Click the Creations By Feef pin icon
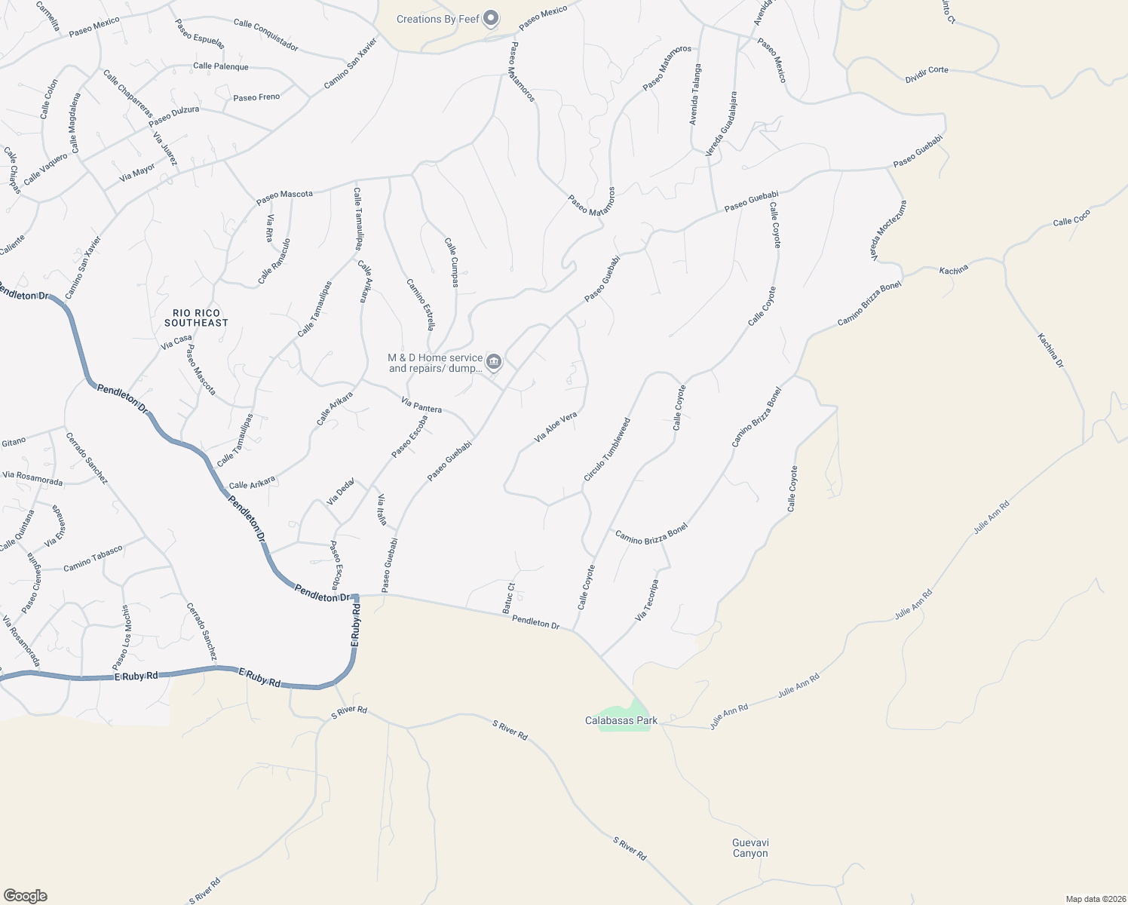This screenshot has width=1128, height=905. coord(492,17)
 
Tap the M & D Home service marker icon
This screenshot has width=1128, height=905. coord(494,362)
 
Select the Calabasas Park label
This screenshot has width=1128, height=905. coord(621,721)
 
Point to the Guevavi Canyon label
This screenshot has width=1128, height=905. coord(750,848)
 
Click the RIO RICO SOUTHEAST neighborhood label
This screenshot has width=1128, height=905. coord(196,318)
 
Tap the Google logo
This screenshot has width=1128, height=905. coord(25,895)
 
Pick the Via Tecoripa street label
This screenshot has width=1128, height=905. coord(647,600)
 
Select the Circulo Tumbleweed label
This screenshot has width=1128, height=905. coord(607,450)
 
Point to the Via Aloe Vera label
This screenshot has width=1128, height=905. coord(556,427)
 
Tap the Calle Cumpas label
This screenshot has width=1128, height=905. coord(452,262)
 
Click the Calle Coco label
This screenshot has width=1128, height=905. coord(1071,217)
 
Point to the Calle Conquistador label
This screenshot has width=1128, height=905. coord(265,35)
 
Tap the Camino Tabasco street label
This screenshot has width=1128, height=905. coord(93,559)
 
